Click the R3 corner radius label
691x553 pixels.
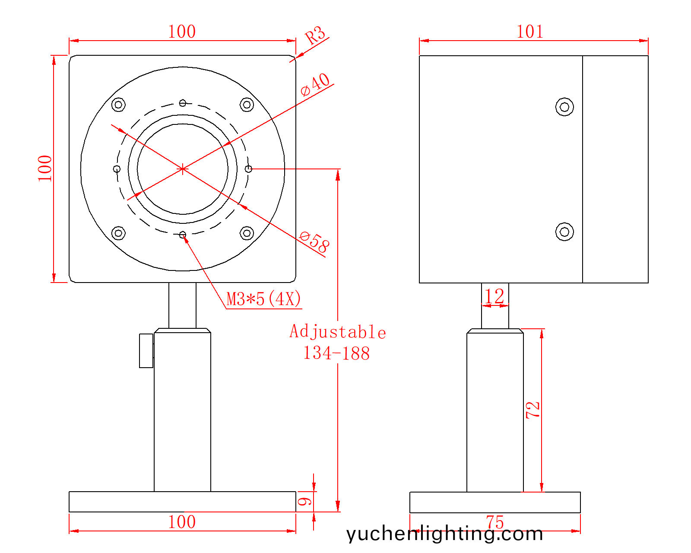[x=315, y=35]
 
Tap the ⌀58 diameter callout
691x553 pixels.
[x=314, y=242]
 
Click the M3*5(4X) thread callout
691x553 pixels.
[x=264, y=299]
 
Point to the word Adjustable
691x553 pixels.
[x=338, y=332]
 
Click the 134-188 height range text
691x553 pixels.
[x=336, y=353]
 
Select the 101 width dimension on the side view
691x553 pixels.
[x=530, y=32]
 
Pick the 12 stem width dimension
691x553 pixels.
[x=494, y=296]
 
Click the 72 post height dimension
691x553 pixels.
[x=533, y=410]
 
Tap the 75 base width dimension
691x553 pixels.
[x=495, y=522]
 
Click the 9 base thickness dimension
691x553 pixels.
[x=305, y=502]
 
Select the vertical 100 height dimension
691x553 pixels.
[x=45, y=168]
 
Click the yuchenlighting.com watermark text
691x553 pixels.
[x=444, y=534]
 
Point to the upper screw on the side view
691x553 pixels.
[x=564, y=107]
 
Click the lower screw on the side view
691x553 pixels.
[x=564, y=232]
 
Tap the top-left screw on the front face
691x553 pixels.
[x=118, y=105]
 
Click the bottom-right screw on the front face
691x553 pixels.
[x=247, y=233]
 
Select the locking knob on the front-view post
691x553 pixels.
[x=146, y=350]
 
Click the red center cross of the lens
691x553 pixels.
[x=183, y=169]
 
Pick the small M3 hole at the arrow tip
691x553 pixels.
[x=183, y=235]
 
